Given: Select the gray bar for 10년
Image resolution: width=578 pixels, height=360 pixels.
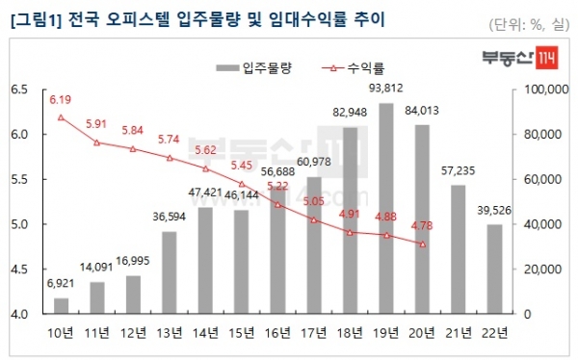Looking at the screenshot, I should [61, 306].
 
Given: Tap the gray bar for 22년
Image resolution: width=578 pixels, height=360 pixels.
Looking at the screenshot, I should [493, 269].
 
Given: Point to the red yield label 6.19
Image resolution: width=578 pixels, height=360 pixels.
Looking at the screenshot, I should [61, 99].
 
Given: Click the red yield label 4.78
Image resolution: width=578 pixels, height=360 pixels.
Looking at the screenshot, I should [421, 225].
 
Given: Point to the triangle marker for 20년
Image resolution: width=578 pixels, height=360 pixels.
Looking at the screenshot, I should [421, 244].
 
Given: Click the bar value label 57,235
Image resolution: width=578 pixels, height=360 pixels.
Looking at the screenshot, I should [458, 170].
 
